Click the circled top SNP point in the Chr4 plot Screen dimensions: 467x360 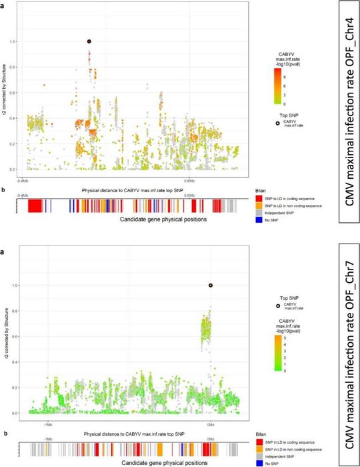(89, 41)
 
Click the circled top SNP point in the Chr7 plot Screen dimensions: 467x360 (211, 286)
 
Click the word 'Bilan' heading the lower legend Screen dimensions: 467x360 (261, 434)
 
